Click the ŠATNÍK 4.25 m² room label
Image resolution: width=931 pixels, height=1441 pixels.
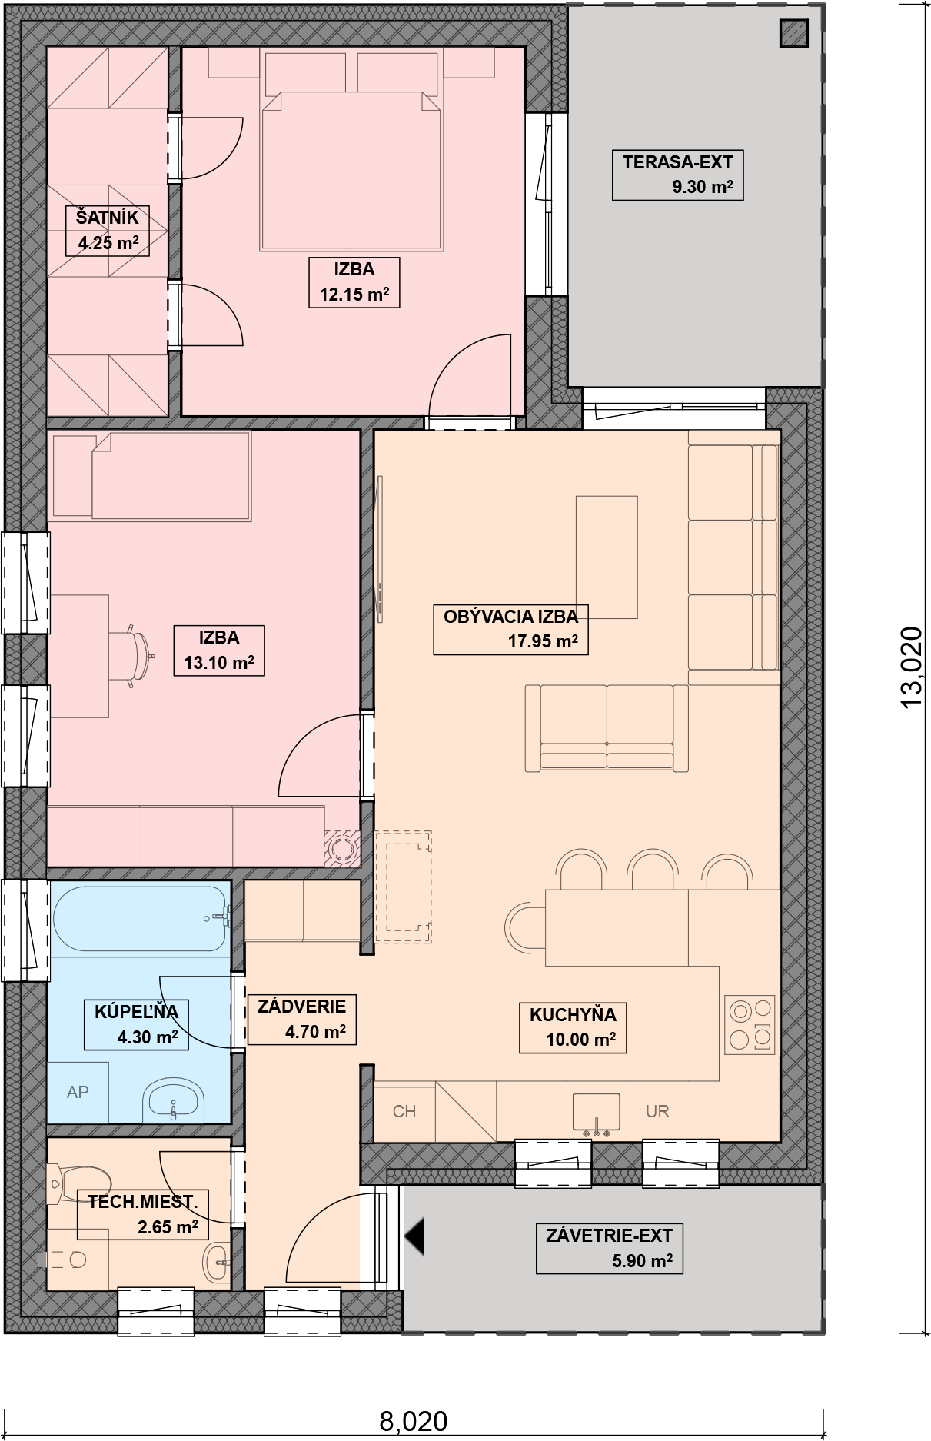pyautogui.click(x=107, y=231)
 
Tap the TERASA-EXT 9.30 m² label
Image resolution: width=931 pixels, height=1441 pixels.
pyautogui.click(x=677, y=175)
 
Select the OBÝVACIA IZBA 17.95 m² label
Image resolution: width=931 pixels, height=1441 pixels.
pyautogui.click(x=510, y=628)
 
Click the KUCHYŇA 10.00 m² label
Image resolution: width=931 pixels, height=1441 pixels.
pyautogui.click(x=573, y=1027)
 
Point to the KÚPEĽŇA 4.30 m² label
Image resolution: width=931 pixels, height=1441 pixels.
pyautogui.click(x=135, y=1024)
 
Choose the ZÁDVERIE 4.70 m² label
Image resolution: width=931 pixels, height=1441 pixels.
pyautogui.click(x=301, y=1018)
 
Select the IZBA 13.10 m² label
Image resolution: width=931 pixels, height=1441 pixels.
pyautogui.click(x=219, y=650)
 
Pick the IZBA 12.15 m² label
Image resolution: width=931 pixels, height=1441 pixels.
pyautogui.click(x=354, y=282)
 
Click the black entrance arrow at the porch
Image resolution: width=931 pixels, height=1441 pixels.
pyautogui.click(x=414, y=1237)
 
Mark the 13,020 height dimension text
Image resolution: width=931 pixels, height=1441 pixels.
pyautogui.click(x=911, y=667)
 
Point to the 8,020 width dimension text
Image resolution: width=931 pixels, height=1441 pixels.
pyautogui.click(x=414, y=1420)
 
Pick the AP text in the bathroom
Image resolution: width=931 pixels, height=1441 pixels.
pyautogui.click(x=77, y=1092)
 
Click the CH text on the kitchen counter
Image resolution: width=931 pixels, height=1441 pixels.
pyautogui.click(x=404, y=1111)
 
